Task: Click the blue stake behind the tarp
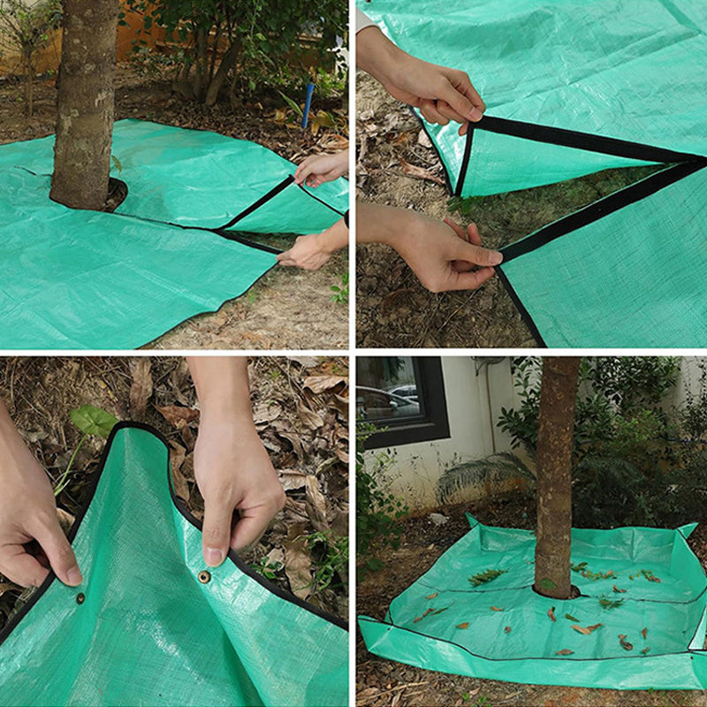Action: pyautogui.click(x=307, y=105)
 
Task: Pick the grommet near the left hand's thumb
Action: pyautogui.click(x=80, y=597)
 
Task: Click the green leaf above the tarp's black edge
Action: pyautogui.click(x=93, y=421)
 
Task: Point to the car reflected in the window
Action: pyautogui.click(x=402, y=393)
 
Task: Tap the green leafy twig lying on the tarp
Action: pyautogui.click(x=487, y=576)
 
